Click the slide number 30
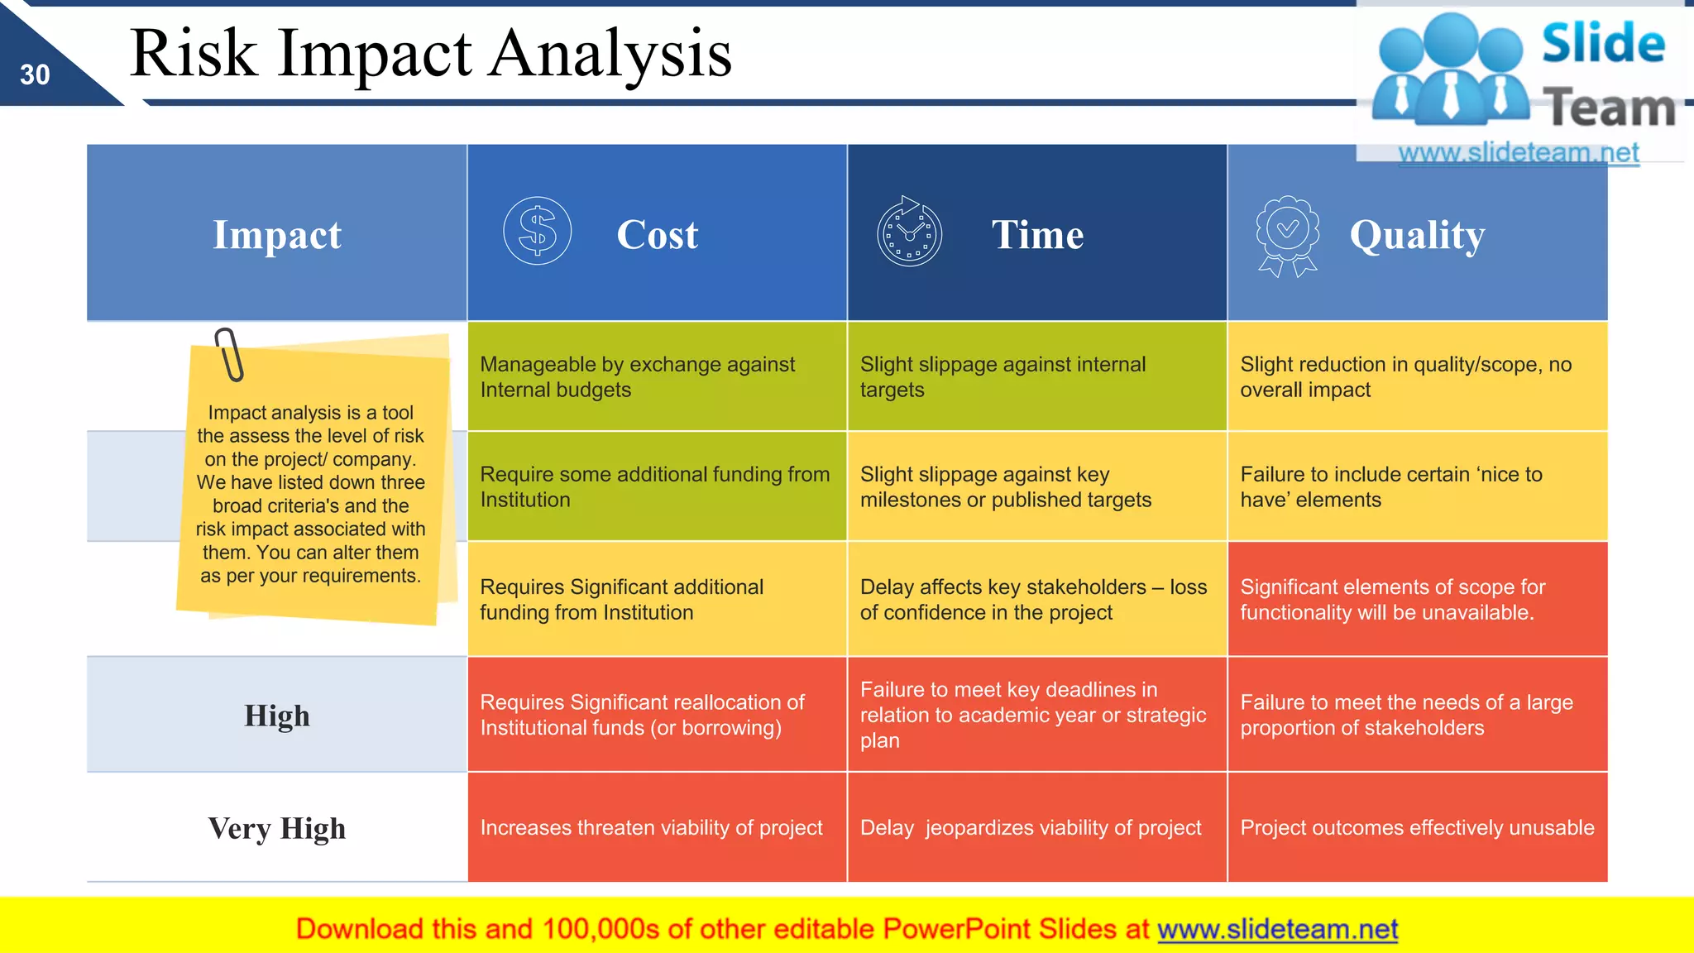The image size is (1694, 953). [35, 75]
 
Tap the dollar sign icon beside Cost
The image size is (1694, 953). [538, 231]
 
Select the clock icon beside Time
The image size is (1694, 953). [909, 232]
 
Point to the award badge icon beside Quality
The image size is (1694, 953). [1287, 235]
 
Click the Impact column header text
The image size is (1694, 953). [277, 235]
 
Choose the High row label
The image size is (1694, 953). [277, 716]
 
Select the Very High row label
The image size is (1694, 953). [277, 828]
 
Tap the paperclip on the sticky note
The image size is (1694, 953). [229, 354]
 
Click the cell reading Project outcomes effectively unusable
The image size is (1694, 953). [1417, 828]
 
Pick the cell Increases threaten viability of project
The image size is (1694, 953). [651, 828]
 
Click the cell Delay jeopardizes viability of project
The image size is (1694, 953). [1031, 828]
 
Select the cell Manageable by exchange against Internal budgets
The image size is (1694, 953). [637, 377]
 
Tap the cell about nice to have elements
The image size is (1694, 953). [1391, 487]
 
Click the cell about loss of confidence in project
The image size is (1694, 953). [1033, 600]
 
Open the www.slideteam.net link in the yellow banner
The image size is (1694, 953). [1277, 930]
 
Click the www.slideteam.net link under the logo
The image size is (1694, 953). [1518, 153]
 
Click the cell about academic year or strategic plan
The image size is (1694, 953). [1033, 715]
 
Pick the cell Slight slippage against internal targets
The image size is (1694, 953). [1003, 377]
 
